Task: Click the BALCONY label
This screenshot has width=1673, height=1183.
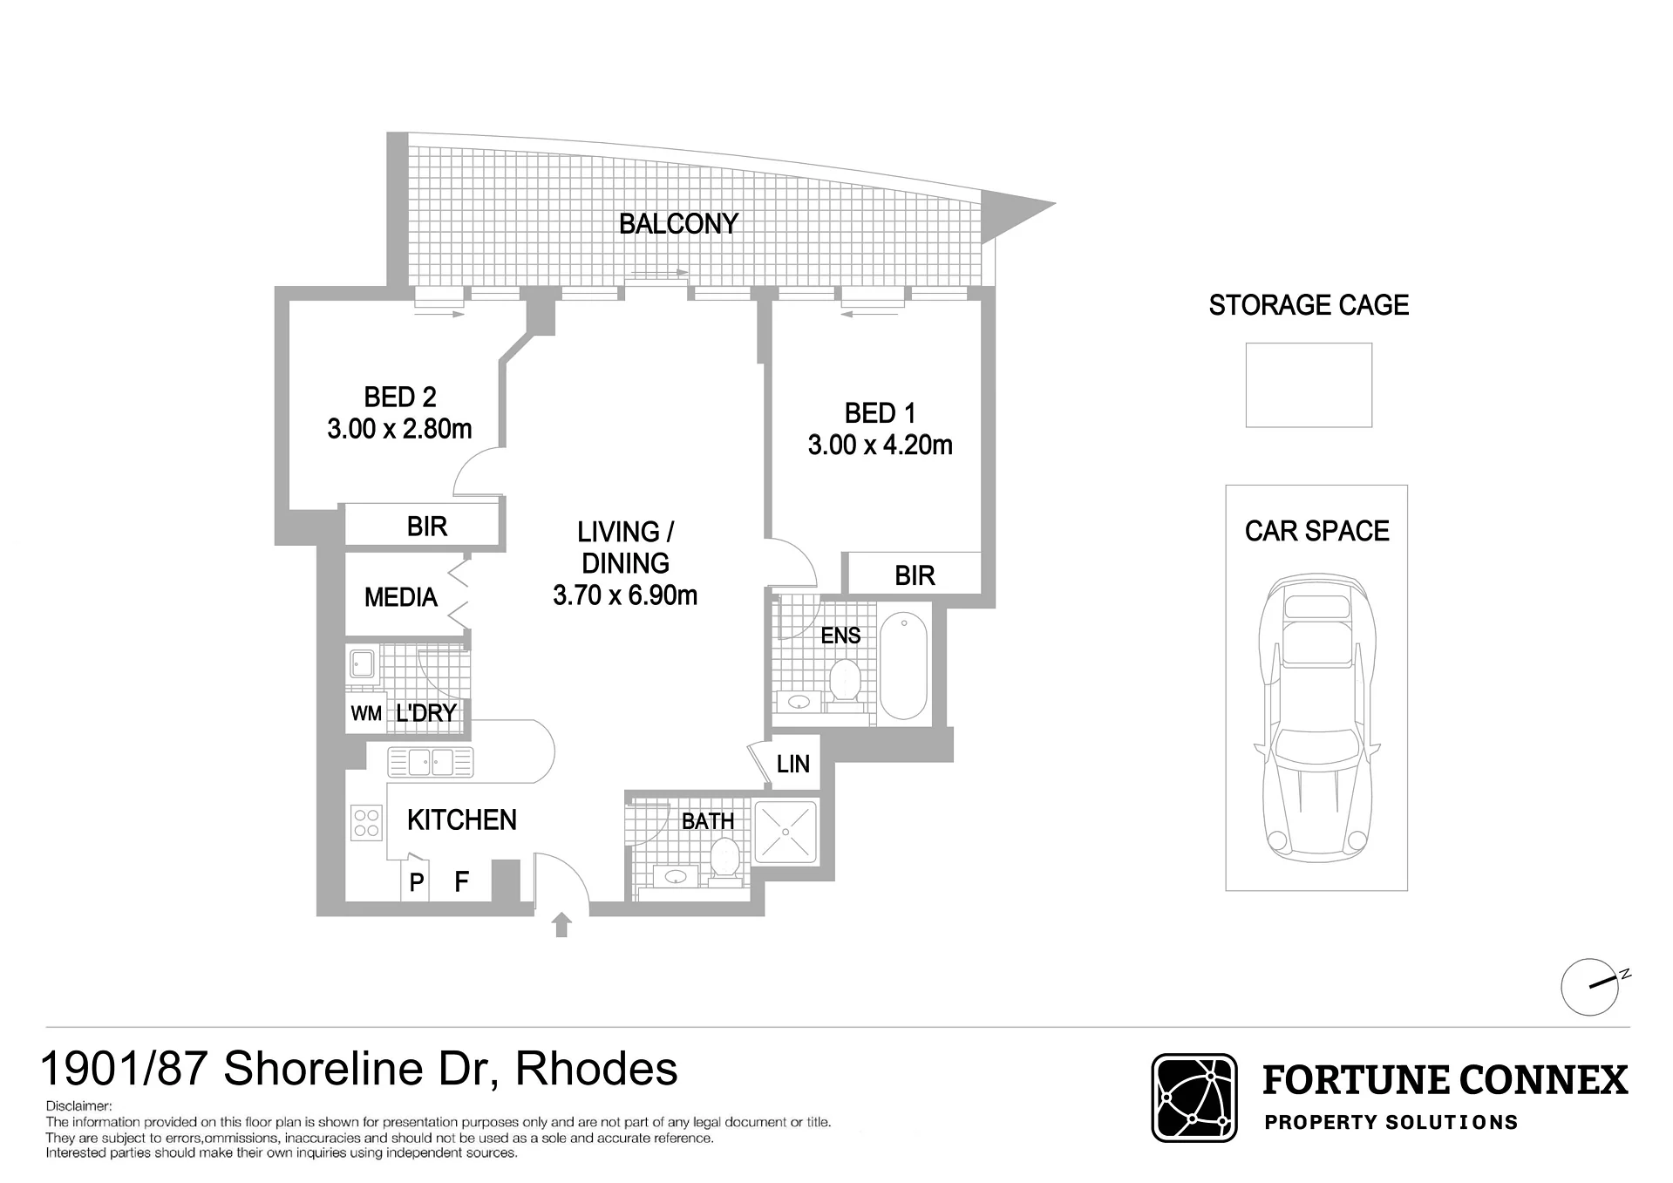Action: pos(678,224)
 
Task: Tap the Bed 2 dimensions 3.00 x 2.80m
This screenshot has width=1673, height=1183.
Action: pos(399,429)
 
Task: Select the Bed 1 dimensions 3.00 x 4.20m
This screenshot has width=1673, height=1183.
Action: pos(880,445)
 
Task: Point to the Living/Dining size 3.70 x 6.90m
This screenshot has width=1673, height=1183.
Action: pos(625,595)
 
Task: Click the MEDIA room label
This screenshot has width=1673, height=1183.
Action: pos(400,597)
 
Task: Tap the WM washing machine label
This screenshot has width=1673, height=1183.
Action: pos(366,714)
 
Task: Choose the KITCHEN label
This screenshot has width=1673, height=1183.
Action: pos(461,819)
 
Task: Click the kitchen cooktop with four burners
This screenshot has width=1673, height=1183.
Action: pos(366,823)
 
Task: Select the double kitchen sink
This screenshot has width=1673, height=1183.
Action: pos(431,763)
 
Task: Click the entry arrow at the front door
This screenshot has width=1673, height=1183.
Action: pos(561,924)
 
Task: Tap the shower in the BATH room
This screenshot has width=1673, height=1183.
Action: pos(785,832)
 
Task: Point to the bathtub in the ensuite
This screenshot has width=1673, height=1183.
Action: pos(903,666)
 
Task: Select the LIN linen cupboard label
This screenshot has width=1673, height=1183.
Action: pos(792,764)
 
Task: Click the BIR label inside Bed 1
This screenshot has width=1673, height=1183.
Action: pos(915,575)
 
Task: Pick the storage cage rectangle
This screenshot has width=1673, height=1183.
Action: pos(1309,385)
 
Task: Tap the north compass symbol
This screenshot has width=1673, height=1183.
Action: pos(1592,986)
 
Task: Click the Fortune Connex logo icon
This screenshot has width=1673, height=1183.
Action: pos(1194,1098)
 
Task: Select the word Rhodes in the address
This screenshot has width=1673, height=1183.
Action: pos(596,1069)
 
